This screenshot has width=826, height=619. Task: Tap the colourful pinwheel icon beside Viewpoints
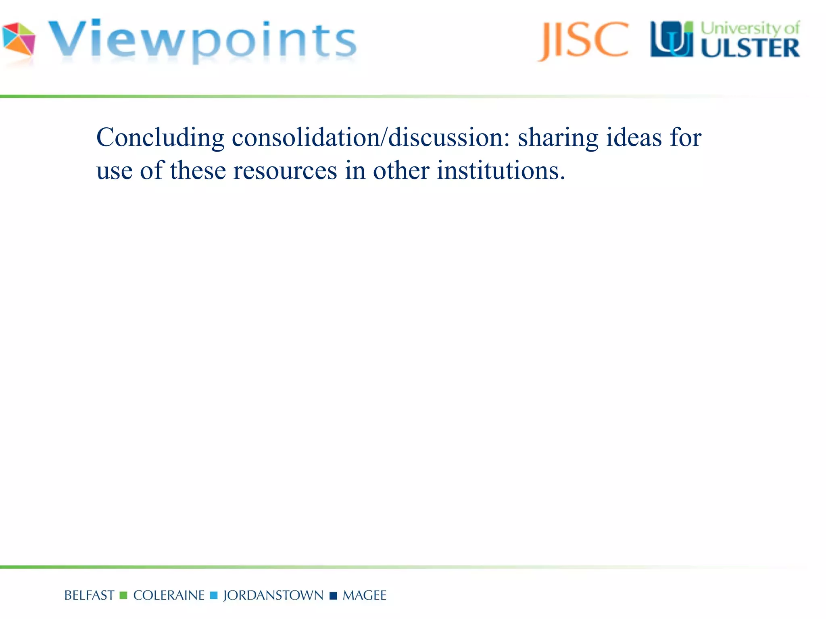coord(19,39)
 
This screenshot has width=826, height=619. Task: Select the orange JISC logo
coord(583,40)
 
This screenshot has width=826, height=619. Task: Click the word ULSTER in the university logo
coord(750,49)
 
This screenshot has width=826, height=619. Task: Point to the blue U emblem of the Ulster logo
coord(672,39)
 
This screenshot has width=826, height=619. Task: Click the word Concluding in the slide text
coord(160,138)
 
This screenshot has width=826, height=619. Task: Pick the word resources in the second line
coord(285,170)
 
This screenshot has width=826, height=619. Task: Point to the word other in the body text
coord(401,170)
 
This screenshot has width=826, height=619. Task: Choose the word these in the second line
coord(198,170)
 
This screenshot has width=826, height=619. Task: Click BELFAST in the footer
coord(89,596)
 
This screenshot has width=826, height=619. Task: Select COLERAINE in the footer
coord(169,596)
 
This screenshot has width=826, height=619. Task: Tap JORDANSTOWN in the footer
coord(273,596)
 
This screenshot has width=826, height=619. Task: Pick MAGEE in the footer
coord(364,596)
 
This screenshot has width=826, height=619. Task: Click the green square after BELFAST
coord(123,596)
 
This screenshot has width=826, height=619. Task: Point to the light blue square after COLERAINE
coord(214,596)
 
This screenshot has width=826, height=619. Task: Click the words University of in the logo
coord(750,28)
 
